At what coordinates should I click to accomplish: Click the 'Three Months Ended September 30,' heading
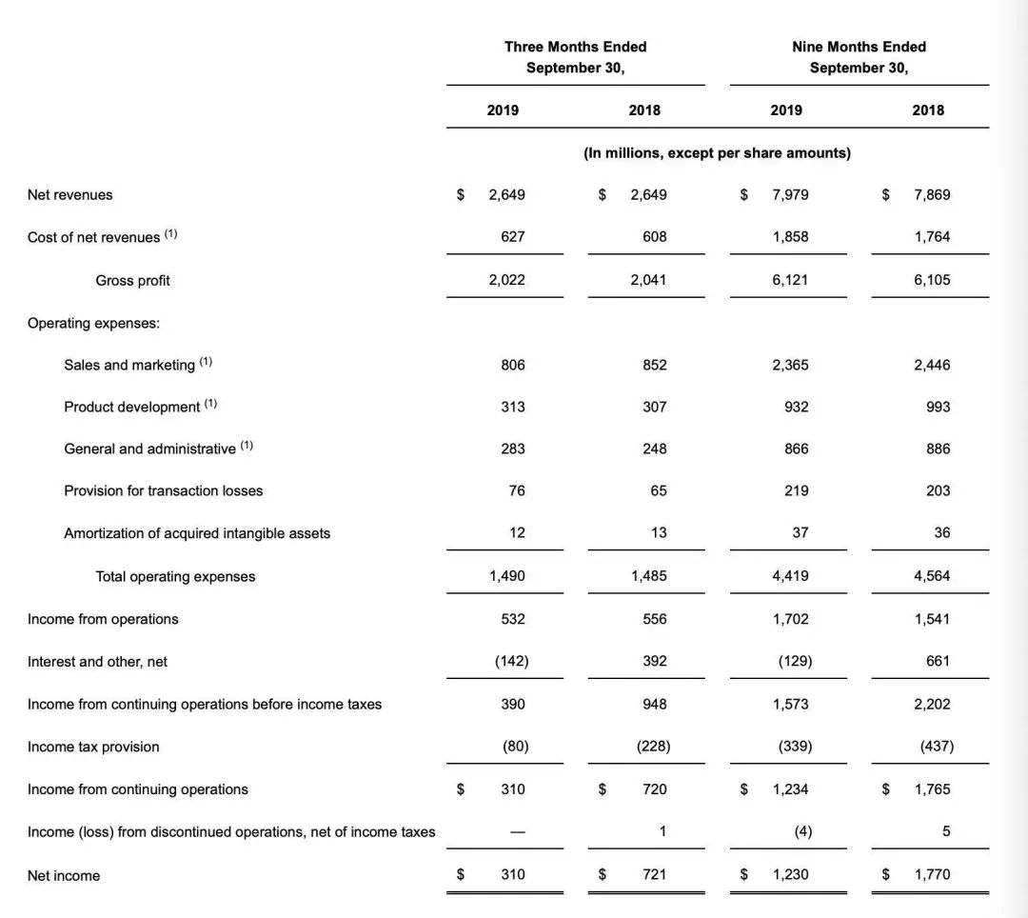(575, 57)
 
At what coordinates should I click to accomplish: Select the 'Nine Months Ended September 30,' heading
(859, 57)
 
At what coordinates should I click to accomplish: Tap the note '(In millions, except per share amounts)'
(717, 152)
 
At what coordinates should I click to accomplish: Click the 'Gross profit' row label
(132, 280)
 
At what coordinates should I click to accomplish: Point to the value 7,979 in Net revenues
(790, 194)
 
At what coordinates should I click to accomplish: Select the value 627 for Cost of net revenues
(513, 236)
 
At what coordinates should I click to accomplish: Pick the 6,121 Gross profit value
(790, 280)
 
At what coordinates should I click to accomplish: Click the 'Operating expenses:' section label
(93, 323)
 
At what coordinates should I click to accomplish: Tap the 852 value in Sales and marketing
(655, 365)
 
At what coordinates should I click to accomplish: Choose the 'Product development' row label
(132, 407)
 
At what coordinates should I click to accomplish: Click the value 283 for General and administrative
(513, 449)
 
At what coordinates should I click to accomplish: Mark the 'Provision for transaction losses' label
(163, 490)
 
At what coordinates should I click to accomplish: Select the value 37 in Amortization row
(800, 532)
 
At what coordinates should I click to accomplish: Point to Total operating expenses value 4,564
(932, 575)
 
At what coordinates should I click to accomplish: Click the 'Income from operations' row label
(103, 619)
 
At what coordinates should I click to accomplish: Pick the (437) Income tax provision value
(937, 747)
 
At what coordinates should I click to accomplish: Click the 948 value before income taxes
(655, 704)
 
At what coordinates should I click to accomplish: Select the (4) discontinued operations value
(802, 831)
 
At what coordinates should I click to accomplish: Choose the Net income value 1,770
(932, 874)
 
